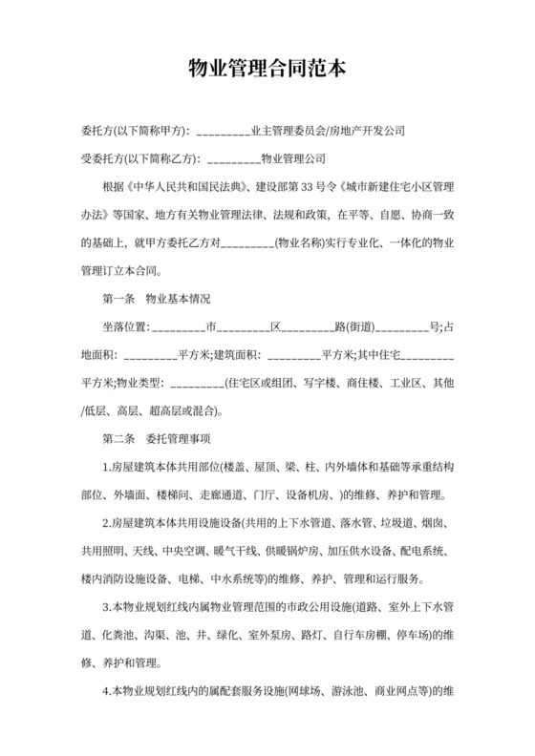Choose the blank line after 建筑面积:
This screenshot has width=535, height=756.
pos(293,356)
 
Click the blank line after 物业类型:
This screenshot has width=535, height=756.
pos(195,385)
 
